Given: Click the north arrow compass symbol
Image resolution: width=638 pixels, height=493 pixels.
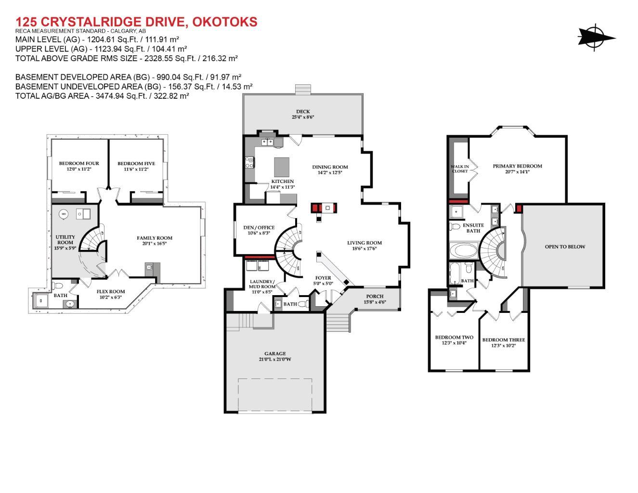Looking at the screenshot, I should (x=596, y=37).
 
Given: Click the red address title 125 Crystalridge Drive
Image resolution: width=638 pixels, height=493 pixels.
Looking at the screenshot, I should (x=136, y=22).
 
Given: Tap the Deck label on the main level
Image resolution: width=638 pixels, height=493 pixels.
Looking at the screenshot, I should (x=303, y=112).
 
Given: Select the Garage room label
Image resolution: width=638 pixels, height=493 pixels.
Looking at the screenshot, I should (x=275, y=353).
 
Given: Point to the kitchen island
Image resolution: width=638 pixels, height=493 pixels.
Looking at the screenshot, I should (x=283, y=167).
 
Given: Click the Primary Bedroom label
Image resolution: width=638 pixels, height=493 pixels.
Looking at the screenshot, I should (x=517, y=166).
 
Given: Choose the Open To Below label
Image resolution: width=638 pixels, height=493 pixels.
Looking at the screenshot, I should (x=565, y=246).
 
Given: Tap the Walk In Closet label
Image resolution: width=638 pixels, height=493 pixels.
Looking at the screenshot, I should (x=459, y=169).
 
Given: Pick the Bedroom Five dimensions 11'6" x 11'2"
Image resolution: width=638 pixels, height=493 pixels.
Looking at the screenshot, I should (x=136, y=169).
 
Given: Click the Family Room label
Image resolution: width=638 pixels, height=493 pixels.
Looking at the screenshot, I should (x=154, y=238).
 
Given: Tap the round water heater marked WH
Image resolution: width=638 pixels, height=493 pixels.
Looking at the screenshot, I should (x=64, y=214).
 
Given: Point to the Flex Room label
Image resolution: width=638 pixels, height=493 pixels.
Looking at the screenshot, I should (x=110, y=291).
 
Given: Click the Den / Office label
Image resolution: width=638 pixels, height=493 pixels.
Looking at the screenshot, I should (x=259, y=228).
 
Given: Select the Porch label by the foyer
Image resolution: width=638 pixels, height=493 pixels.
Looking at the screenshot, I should (x=375, y=296).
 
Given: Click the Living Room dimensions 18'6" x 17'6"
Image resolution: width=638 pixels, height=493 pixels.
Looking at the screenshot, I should (x=365, y=249).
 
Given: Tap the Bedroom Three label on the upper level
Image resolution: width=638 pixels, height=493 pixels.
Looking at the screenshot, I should (x=503, y=340).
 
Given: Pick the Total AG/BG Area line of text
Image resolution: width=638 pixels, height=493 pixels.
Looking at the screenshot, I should (x=102, y=96).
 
